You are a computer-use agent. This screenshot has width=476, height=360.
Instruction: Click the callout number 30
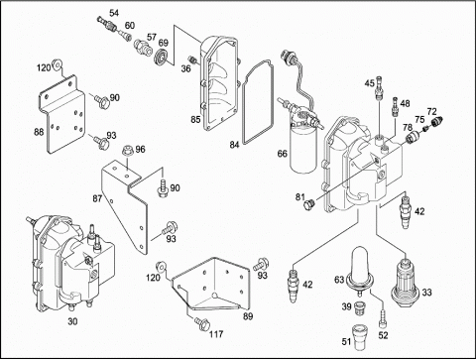coord(72,321)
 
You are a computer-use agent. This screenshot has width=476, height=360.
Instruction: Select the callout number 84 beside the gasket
coord(234,145)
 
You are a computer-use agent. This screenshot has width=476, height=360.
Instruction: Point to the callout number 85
coord(195,119)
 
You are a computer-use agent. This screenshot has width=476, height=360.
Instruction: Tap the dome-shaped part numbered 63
coord(359,271)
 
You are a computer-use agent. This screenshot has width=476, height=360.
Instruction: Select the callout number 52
coord(383,335)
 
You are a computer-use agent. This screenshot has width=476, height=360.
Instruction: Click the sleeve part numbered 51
coord(359,337)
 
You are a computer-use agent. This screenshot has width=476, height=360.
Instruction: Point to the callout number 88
coord(39,132)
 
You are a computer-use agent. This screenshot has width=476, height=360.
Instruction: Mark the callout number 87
coord(97,198)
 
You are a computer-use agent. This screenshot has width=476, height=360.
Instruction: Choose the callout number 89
coord(248,316)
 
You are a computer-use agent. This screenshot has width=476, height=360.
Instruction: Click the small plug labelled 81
coord(309,205)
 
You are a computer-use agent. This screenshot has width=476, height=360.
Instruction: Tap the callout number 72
coord(431,111)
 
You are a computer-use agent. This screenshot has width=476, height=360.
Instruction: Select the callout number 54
coord(114,13)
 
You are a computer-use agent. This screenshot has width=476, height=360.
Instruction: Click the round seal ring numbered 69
coord(162,56)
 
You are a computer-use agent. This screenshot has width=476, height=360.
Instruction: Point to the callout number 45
coord(370,83)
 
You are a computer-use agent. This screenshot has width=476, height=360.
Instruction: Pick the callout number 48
coord(405,103)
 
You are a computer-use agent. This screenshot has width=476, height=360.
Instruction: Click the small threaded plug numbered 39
coord(359,308)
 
